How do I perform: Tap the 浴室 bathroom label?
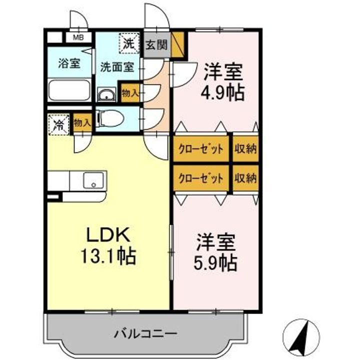tap(69, 63)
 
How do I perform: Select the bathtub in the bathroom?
tap(69, 91)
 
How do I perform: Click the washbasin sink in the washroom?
tap(106, 94)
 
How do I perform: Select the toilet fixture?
tap(109, 119)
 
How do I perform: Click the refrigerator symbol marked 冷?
tap(58, 124)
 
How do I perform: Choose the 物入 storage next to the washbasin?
tap(130, 93)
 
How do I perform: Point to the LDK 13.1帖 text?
tap(109, 245)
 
